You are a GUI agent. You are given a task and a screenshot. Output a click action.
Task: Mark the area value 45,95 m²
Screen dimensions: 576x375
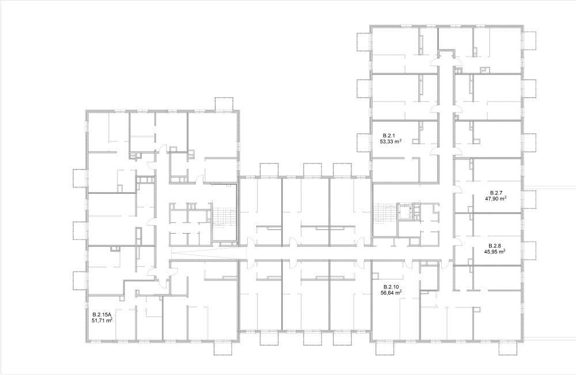tap(495, 252)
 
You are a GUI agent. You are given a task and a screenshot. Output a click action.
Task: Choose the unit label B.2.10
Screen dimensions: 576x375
tap(391, 287)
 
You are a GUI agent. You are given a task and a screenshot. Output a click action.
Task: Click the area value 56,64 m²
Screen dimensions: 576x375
tap(391, 293)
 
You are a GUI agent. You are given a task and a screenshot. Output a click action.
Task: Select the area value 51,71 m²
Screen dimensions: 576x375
tap(102, 321)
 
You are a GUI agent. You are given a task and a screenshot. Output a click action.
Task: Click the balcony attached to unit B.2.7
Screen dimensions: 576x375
tap(530, 200)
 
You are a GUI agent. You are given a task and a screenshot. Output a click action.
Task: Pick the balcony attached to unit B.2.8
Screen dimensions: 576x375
tap(530, 250)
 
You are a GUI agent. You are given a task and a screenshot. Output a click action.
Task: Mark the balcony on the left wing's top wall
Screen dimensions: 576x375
tap(223, 104)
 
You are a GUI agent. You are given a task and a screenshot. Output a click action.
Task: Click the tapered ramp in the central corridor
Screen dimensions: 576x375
tap(204, 253)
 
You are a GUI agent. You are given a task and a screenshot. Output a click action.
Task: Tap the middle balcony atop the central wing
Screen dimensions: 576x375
tap(313, 169)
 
